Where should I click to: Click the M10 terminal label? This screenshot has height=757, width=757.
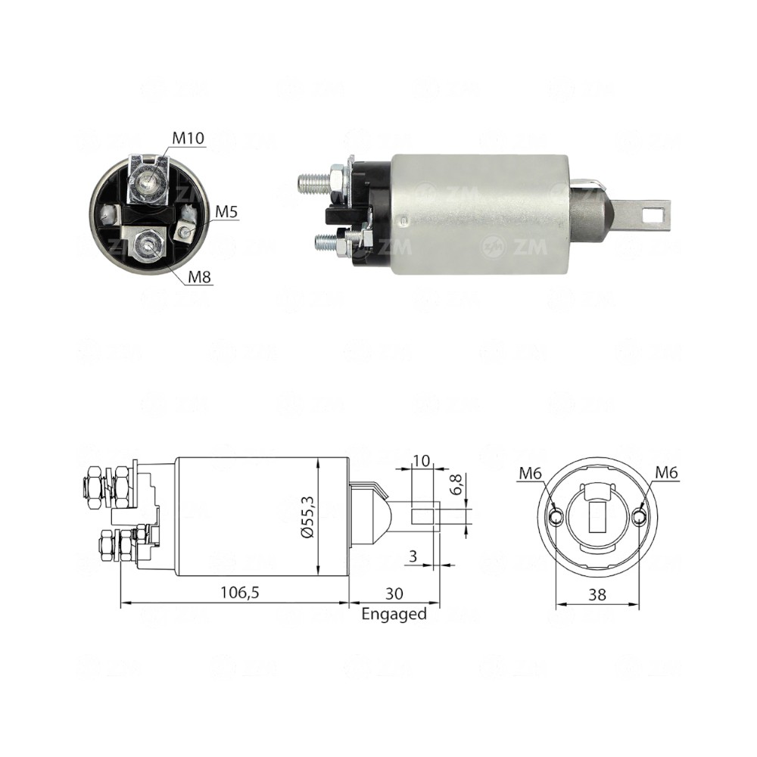tap(188, 139)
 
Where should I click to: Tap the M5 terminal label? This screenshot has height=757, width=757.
tap(226, 212)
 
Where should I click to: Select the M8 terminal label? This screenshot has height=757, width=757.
tap(199, 277)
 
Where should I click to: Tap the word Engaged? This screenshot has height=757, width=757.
tap(394, 614)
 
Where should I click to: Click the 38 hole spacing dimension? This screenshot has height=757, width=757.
tap(598, 595)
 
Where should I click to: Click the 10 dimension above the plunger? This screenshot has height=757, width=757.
tap(422, 459)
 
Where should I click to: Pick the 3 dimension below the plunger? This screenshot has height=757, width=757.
tap(412, 556)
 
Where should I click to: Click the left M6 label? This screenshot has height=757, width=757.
tap(530, 473)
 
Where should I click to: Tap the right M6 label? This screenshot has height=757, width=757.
tap(667, 473)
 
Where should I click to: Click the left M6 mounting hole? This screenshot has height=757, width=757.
tap(556, 518)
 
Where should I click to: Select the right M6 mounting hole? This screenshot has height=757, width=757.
tap(640, 518)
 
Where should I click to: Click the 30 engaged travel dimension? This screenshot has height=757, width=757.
tap(394, 593)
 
